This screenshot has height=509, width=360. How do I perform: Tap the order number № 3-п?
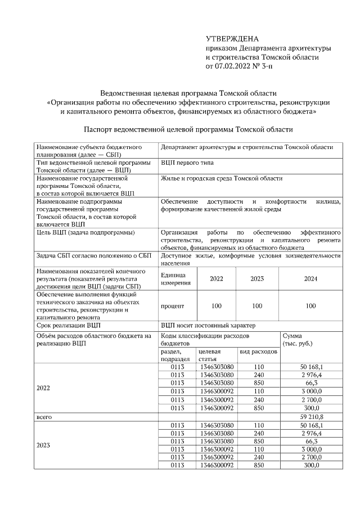264,66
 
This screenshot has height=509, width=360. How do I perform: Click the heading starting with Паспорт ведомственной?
188,129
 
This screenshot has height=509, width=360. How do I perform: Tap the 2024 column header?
310,278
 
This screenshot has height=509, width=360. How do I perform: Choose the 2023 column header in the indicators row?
256,278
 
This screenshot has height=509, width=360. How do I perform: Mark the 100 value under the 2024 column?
310,306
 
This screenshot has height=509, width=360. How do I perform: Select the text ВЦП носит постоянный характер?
208,325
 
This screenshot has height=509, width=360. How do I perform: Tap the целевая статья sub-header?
209,355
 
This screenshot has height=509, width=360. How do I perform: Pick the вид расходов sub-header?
258,352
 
